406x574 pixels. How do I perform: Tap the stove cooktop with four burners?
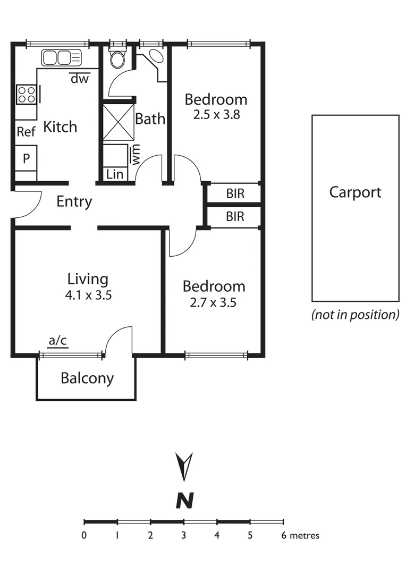[26, 95]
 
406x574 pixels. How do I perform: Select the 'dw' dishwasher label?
[80, 79]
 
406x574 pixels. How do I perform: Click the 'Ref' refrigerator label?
[26, 132]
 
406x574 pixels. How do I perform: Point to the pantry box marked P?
[26, 158]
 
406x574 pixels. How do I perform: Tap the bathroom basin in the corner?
[156, 57]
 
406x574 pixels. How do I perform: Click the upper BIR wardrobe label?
[235, 193]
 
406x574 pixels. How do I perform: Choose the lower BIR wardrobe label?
[235, 217]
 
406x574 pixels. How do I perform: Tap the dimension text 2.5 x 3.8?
[216, 114]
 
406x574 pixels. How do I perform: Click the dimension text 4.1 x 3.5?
[88, 296]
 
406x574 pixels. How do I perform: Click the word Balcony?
[87, 378]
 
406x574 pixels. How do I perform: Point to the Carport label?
[355, 192]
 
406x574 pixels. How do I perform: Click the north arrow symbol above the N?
[184, 466]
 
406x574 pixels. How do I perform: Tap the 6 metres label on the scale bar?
[300, 535]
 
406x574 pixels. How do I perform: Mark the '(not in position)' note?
[355, 315]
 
